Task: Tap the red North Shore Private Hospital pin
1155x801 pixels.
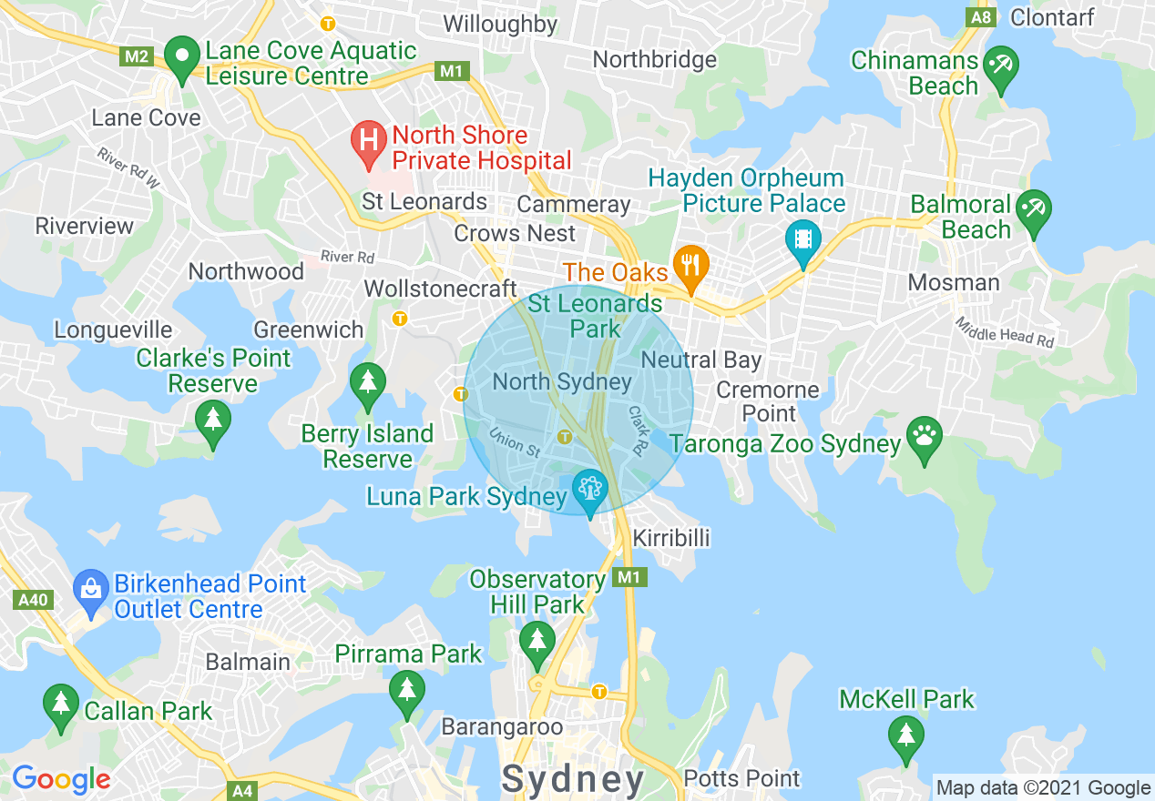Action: click(x=368, y=142)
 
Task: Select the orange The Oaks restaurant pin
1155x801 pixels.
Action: click(x=691, y=266)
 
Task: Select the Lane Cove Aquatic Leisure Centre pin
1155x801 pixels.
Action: click(x=182, y=58)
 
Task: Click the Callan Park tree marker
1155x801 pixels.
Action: click(x=61, y=705)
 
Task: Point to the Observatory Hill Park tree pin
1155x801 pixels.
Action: click(x=537, y=643)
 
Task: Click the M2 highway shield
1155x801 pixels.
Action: click(x=137, y=56)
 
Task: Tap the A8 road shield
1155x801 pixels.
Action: click(x=981, y=17)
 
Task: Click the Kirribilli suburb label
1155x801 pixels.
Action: click(x=670, y=538)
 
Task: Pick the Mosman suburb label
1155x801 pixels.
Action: click(x=954, y=282)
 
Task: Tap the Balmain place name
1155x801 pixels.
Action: click(x=248, y=662)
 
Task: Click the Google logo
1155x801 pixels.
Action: click(x=61, y=779)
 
